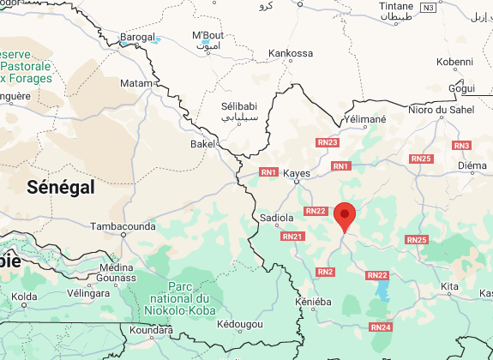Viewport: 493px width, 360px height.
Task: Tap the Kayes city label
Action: click(296, 172)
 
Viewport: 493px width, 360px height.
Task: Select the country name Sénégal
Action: click(60, 188)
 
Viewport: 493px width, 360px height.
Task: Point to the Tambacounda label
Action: click(123, 227)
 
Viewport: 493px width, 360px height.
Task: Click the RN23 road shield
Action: click(328, 142)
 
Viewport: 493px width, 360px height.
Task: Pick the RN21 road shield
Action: click(292, 236)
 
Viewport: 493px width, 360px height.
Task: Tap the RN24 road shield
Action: click(382, 327)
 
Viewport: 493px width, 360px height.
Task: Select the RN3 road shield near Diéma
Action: click(462, 146)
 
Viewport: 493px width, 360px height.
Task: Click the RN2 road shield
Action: click(325, 272)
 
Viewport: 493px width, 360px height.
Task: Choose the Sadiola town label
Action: click(276, 219)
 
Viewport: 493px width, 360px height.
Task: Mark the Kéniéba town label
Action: click(312, 303)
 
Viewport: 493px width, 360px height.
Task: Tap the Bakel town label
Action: click(202, 145)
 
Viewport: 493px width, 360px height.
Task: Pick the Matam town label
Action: click(135, 83)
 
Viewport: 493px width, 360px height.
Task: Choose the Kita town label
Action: click(449, 285)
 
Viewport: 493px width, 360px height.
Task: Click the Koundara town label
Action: click(150, 329)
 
